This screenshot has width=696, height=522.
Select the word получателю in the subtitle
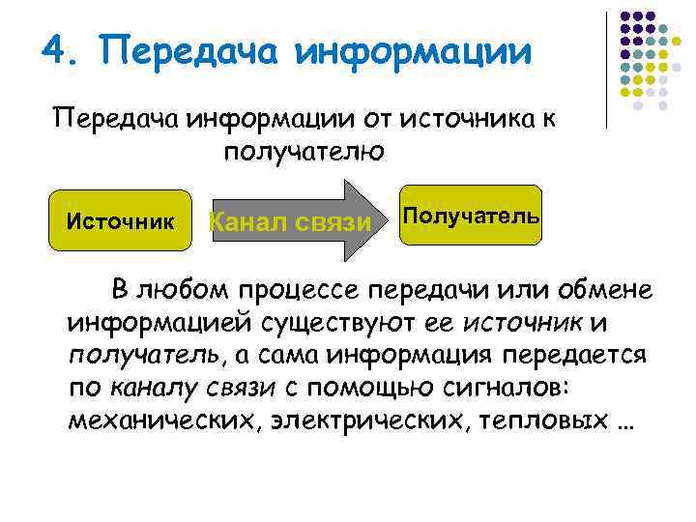(x=305, y=153)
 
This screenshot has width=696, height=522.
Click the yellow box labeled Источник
(x=120, y=221)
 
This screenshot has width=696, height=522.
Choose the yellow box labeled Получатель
(x=471, y=214)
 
